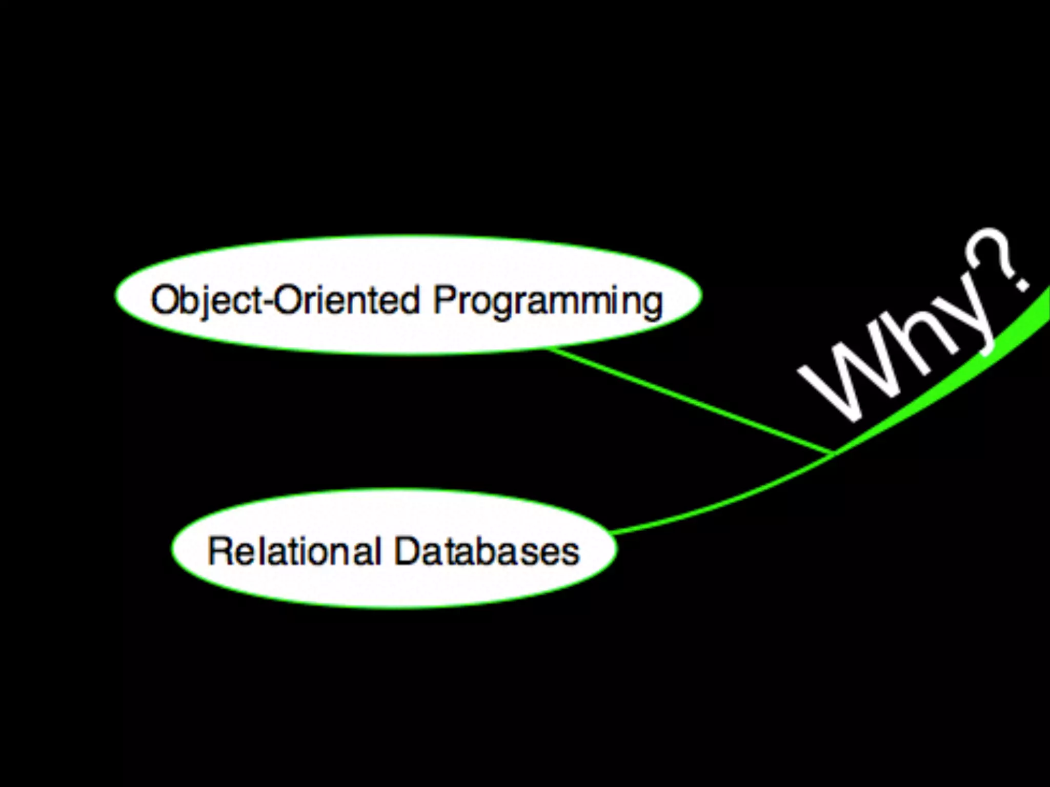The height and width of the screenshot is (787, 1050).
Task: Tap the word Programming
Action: [548, 301]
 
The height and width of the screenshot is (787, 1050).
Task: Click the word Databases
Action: [487, 551]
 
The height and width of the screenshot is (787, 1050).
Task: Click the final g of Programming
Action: [651, 305]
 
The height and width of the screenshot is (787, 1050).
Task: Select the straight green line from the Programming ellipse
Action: [687, 400]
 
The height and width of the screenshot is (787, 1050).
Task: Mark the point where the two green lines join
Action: [832, 452]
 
